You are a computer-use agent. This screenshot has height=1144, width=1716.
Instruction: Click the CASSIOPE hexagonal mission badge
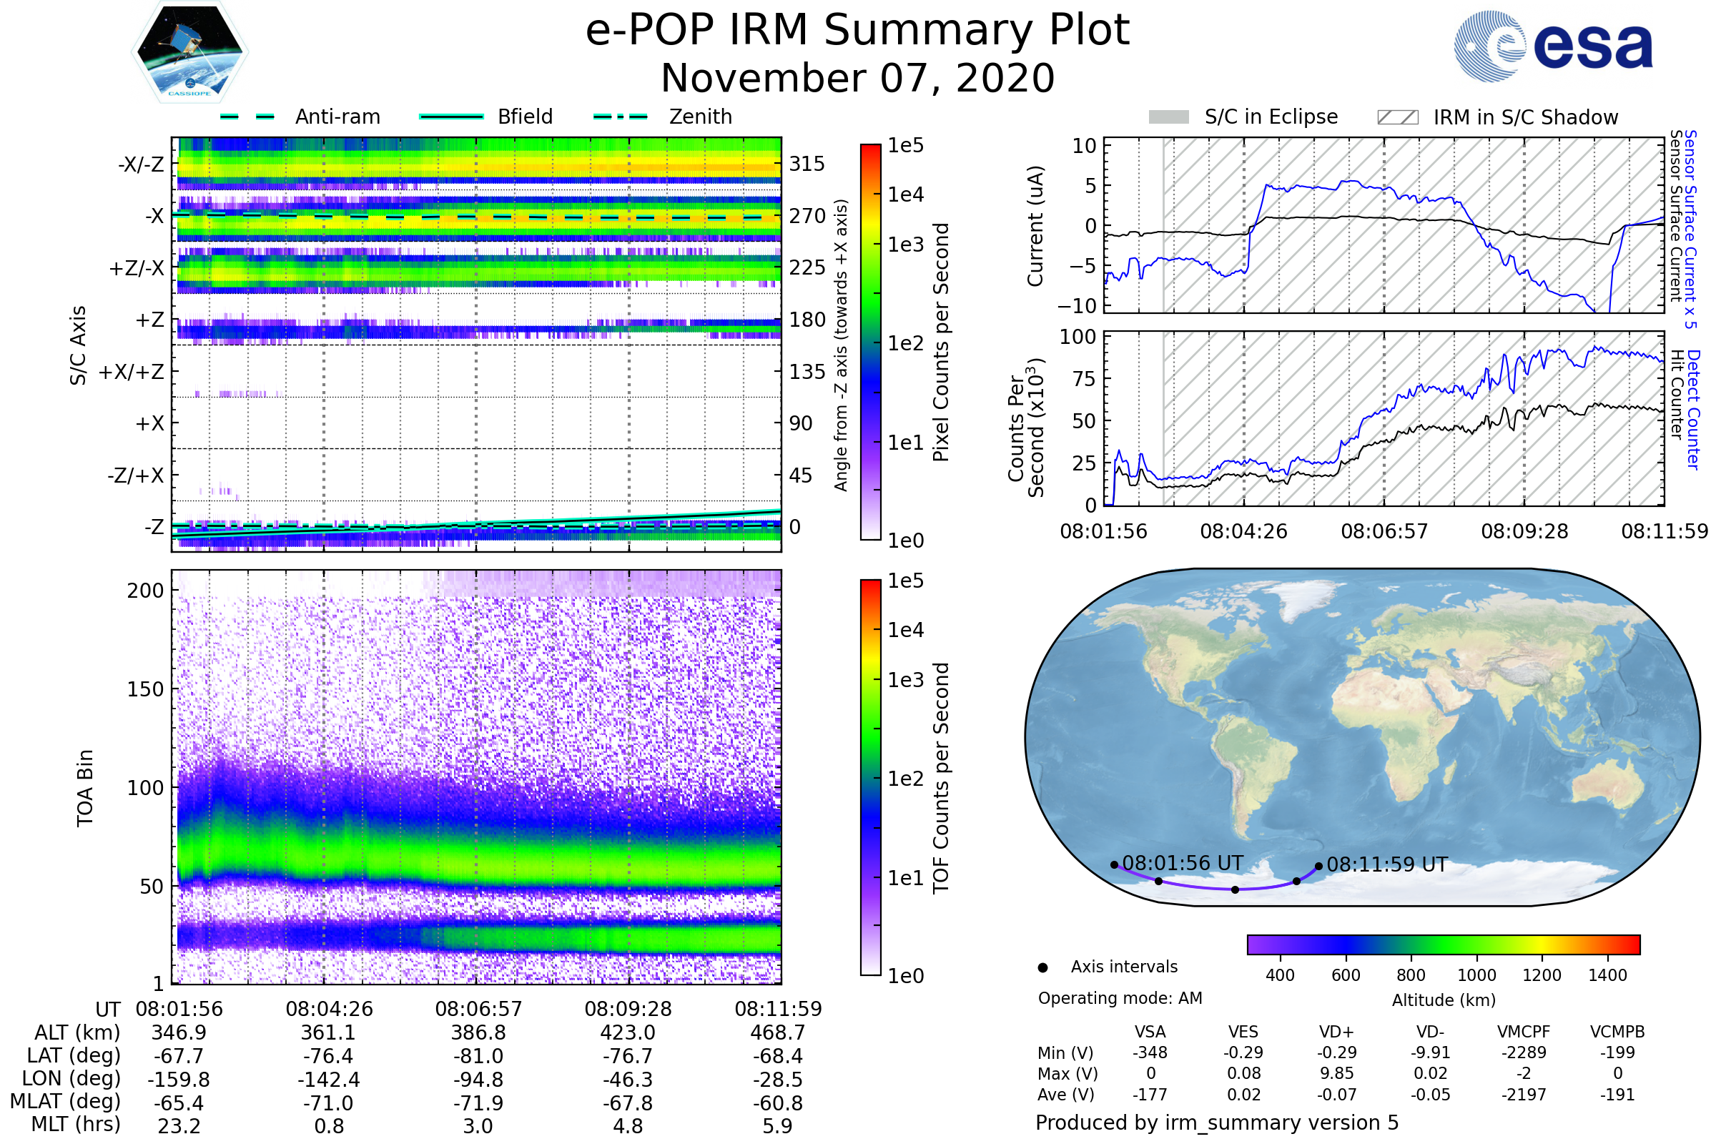pyautogui.click(x=189, y=51)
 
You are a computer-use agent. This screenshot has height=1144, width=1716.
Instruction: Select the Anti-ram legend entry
pyautogui.click(x=300, y=117)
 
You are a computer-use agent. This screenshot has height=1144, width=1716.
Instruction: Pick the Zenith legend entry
pyautogui.click(x=663, y=117)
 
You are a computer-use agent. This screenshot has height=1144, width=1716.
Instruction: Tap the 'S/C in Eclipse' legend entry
pyautogui.click(x=1243, y=117)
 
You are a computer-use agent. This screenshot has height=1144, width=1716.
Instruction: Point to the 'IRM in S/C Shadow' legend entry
pyautogui.click(x=1497, y=117)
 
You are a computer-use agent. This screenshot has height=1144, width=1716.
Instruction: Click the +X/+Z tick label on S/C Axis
pyautogui.click(x=132, y=372)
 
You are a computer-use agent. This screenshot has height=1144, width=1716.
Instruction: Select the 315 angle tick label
pyautogui.click(x=807, y=164)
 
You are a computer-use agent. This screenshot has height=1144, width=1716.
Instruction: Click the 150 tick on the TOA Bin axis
pyautogui.click(x=145, y=689)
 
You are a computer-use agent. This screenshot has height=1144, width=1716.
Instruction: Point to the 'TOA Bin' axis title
pyautogui.click(x=84, y=788)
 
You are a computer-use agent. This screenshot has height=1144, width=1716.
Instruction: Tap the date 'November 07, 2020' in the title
pyautogui.click(x=858, y=78)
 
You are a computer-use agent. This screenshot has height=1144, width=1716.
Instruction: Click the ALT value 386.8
pyautogui.click(x=478, y=1033)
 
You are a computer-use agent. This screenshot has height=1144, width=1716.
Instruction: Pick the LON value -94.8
pyautogui.click(x=478, y=1080)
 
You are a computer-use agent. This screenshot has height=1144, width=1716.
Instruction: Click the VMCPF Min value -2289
pyautogui.click(x=1524, y=1052)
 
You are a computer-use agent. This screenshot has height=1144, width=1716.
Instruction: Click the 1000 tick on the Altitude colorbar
pyautogui.click(x=1476, y=975)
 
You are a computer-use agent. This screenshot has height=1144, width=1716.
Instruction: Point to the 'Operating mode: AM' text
pyautogui.click(x=1120, y=999)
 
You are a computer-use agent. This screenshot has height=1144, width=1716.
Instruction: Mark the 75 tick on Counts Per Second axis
pyautogui.click(x=1084, y=379)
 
